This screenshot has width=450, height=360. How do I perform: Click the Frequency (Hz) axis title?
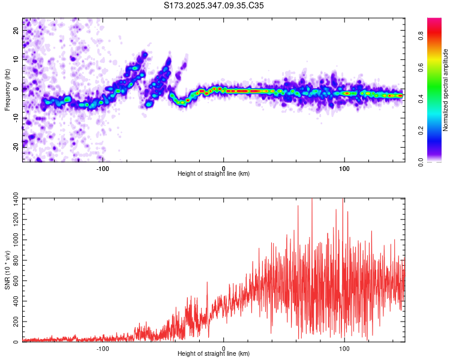pos(7,90)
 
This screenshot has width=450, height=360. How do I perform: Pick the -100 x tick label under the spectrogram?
pos(103,168)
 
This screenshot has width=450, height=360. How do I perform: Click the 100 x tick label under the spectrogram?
pos(344,168)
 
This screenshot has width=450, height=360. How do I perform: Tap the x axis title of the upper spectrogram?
pos(214,174)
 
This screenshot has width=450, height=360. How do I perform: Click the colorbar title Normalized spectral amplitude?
pos(446,90)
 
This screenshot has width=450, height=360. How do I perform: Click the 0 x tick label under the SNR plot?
pos(224,348)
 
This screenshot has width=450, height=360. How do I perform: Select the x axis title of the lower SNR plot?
pos(214,354)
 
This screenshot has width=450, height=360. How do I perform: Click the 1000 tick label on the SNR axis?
pos(12,239)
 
